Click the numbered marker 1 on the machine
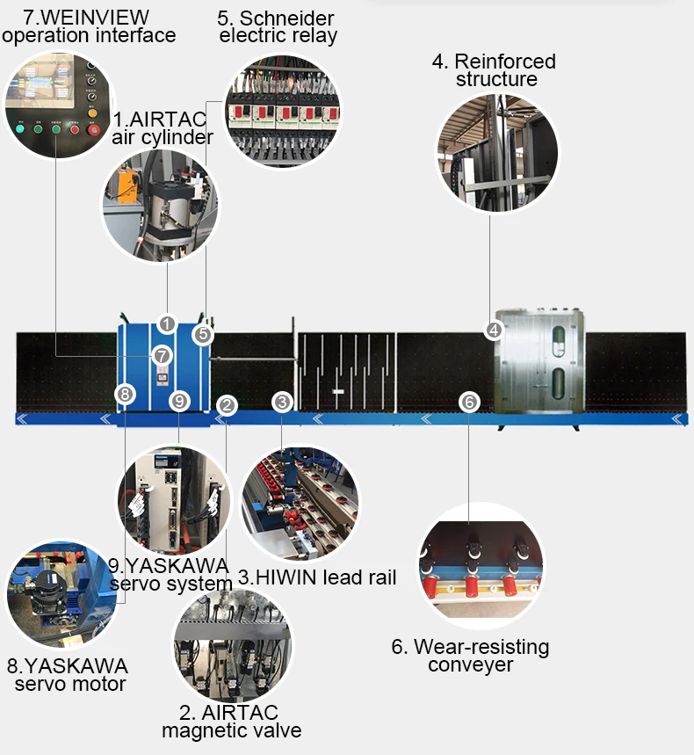click(x=167, y=324)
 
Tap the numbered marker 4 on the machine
click(x=494, y=331)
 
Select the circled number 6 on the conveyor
click(x=469, y=403)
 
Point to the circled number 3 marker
click(x=282, y=403)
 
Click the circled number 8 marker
click(x=126, y=395)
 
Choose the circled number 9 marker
click(x=179, y=402)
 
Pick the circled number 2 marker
click(x=227, y=405)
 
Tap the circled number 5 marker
click(x=203, y=335)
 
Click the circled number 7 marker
click(x=161, y=356)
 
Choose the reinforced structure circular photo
click(x=496, y=151)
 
